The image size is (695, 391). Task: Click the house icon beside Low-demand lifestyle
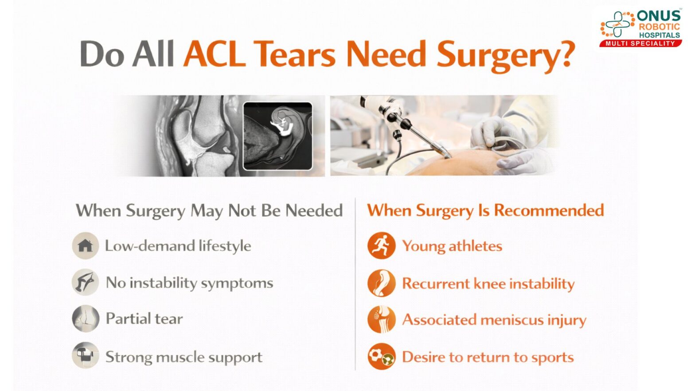(x=85, y=246)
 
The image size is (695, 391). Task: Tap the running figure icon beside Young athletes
(x=381, y=246)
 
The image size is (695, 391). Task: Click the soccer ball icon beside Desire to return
(x=381, y=356)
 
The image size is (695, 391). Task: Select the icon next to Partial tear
(x=85, y=319)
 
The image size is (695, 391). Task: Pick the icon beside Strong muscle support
(x=85, y=356)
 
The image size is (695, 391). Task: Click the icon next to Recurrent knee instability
(x=381, y=283)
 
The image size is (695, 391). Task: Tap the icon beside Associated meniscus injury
(x=381, y=319)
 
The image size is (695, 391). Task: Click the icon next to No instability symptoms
(x=85, y=282)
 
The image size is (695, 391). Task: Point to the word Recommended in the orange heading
(x=549, y=210)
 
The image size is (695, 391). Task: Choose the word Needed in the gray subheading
(x=314, y=211)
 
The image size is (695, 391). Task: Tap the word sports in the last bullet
(x=553, y=357)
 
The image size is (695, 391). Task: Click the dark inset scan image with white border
(x=277, y=136)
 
